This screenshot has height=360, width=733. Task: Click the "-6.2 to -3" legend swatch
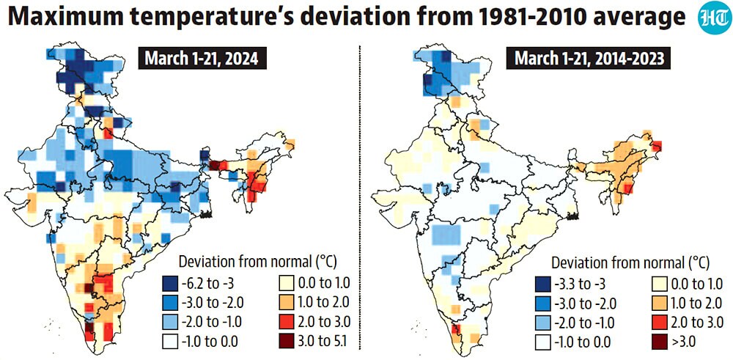click(169, 283)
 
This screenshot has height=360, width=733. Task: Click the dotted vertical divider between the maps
click(359, 196)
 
